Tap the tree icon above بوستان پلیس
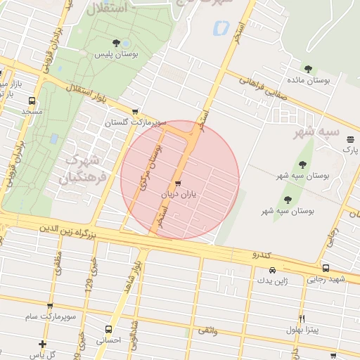[115, 42]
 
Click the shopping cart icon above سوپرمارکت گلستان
[135, 111]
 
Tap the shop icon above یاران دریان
[177, 184]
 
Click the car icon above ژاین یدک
[271, 270]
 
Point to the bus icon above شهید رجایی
[326, 268]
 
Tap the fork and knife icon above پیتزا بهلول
[302, 319]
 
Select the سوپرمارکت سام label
[49, 317]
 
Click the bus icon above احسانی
[108, 329]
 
